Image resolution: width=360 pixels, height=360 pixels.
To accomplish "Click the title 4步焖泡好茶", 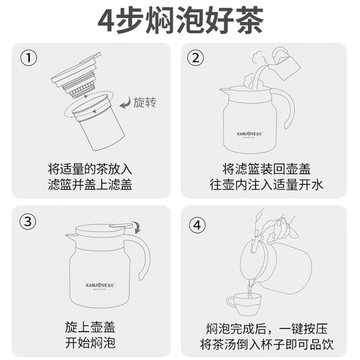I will (179, 21).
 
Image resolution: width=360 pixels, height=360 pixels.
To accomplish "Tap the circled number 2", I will (197, 59).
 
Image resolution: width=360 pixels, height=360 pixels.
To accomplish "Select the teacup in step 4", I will (243, 303).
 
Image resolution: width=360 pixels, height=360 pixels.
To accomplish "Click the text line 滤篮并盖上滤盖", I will (90, 185).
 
